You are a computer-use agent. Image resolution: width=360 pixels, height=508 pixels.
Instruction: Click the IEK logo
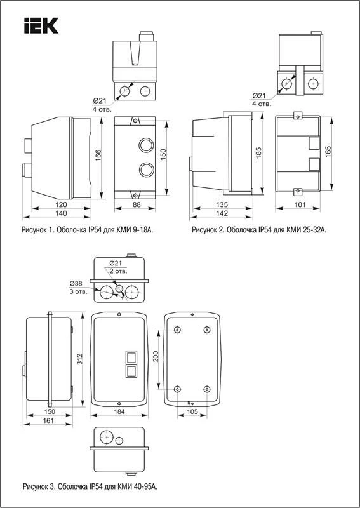[x=41, y=25]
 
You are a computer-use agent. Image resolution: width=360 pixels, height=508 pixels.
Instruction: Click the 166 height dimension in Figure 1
[x=98, y=156]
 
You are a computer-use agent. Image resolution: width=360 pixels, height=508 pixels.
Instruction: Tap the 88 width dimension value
[x=137, y=204]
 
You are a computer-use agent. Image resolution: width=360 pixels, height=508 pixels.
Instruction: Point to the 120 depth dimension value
[x=61, y=204]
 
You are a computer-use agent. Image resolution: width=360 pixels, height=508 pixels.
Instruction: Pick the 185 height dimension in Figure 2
[x=258, y=153]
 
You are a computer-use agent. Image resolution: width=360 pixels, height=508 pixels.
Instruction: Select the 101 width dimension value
[x=300, y=204]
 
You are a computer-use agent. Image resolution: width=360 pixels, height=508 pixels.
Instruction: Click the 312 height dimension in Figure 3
[x=80, y=359]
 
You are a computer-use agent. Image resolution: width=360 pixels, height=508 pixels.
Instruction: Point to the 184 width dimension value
[x=119, y=411]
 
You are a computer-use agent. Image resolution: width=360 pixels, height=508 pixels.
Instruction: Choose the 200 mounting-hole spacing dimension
[x=155, y=357]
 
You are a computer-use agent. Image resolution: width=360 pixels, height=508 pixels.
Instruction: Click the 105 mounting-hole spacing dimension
[x=192, y=411]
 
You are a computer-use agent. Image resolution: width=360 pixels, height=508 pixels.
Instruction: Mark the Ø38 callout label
[x=76, y=283]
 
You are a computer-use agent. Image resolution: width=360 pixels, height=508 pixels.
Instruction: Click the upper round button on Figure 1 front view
[x=146, y=145]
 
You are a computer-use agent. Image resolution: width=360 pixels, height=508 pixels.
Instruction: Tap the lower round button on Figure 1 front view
[x=146, y=170]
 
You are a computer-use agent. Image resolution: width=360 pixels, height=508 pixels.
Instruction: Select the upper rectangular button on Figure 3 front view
[x=131, y=358]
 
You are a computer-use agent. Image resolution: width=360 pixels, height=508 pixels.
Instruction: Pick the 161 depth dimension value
[x=48, y=420]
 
